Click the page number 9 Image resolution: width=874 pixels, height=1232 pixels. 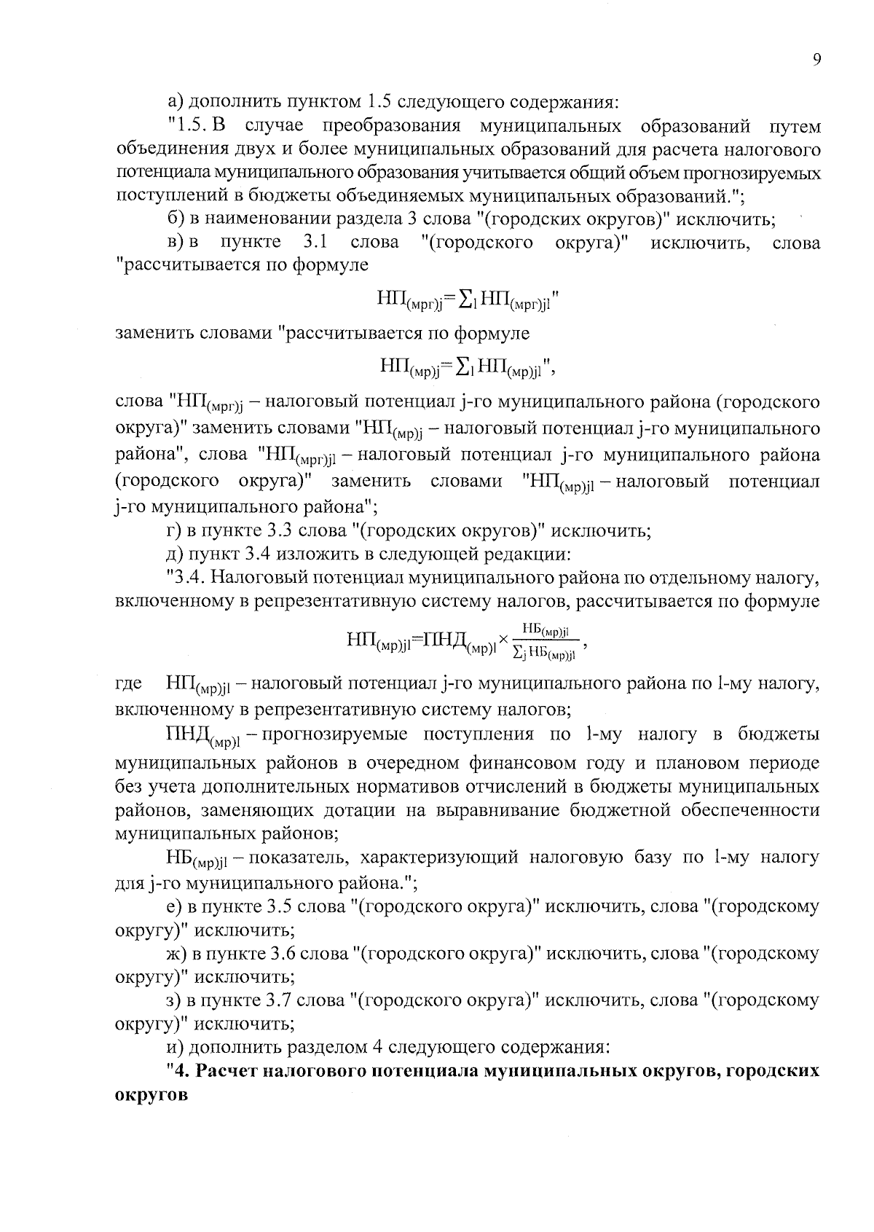[817, 60]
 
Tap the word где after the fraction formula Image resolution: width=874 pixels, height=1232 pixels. [129, 684]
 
